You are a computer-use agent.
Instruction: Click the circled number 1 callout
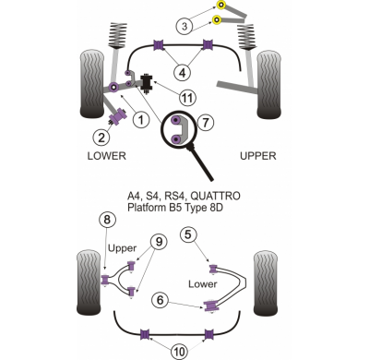[x=141, y=119]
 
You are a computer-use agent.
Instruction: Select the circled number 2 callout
[x=101, y=138]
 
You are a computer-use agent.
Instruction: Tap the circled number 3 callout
[x=184, y=26]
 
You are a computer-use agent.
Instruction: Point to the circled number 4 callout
[x=183, y=73]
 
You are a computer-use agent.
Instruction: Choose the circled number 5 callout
[x=187, y=235]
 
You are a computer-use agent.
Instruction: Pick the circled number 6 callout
[x=160, y=300]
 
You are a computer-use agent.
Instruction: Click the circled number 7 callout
[x=206, y=123]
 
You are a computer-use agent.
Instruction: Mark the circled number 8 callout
[x=107, y=220]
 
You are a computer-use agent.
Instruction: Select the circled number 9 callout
[x=159, y=242]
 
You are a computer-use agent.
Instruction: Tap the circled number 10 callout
[x=180, y=351]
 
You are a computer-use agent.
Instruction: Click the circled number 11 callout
[x=188, y=98]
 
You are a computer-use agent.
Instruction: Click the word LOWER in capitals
[x=107, y=156]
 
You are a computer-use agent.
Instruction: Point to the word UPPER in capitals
[x=258, y=156]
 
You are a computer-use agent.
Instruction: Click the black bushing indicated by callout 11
[x=147, y=83]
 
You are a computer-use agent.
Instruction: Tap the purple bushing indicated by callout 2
[x=118, y=116]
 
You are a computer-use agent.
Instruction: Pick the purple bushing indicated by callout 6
[x=210, y=306]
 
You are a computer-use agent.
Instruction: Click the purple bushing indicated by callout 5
[x=213, y=269]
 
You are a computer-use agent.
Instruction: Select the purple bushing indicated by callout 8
[x=105, y=279]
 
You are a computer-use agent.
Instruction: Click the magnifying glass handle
[x=200, y=162]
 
